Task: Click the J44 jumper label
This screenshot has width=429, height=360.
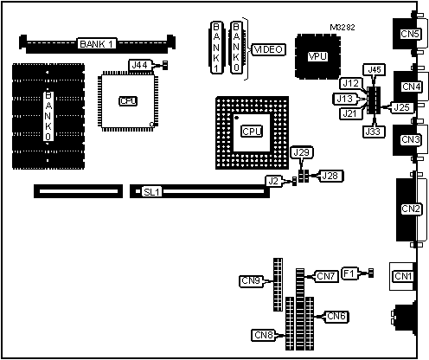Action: [139, 65]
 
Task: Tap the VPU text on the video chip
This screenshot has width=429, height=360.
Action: [317, 56]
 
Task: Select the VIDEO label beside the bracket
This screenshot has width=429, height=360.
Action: [269, 49]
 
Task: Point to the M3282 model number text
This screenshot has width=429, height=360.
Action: [343, 28]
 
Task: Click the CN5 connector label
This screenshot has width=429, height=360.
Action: [410, 34]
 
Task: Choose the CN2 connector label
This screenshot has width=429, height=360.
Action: [411, 209]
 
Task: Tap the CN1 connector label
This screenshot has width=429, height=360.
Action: [403, 276]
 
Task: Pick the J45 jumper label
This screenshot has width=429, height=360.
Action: [375, 70]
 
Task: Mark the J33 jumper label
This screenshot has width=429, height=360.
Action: [374, 132]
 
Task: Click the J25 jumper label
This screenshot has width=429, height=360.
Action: [402, 107]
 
